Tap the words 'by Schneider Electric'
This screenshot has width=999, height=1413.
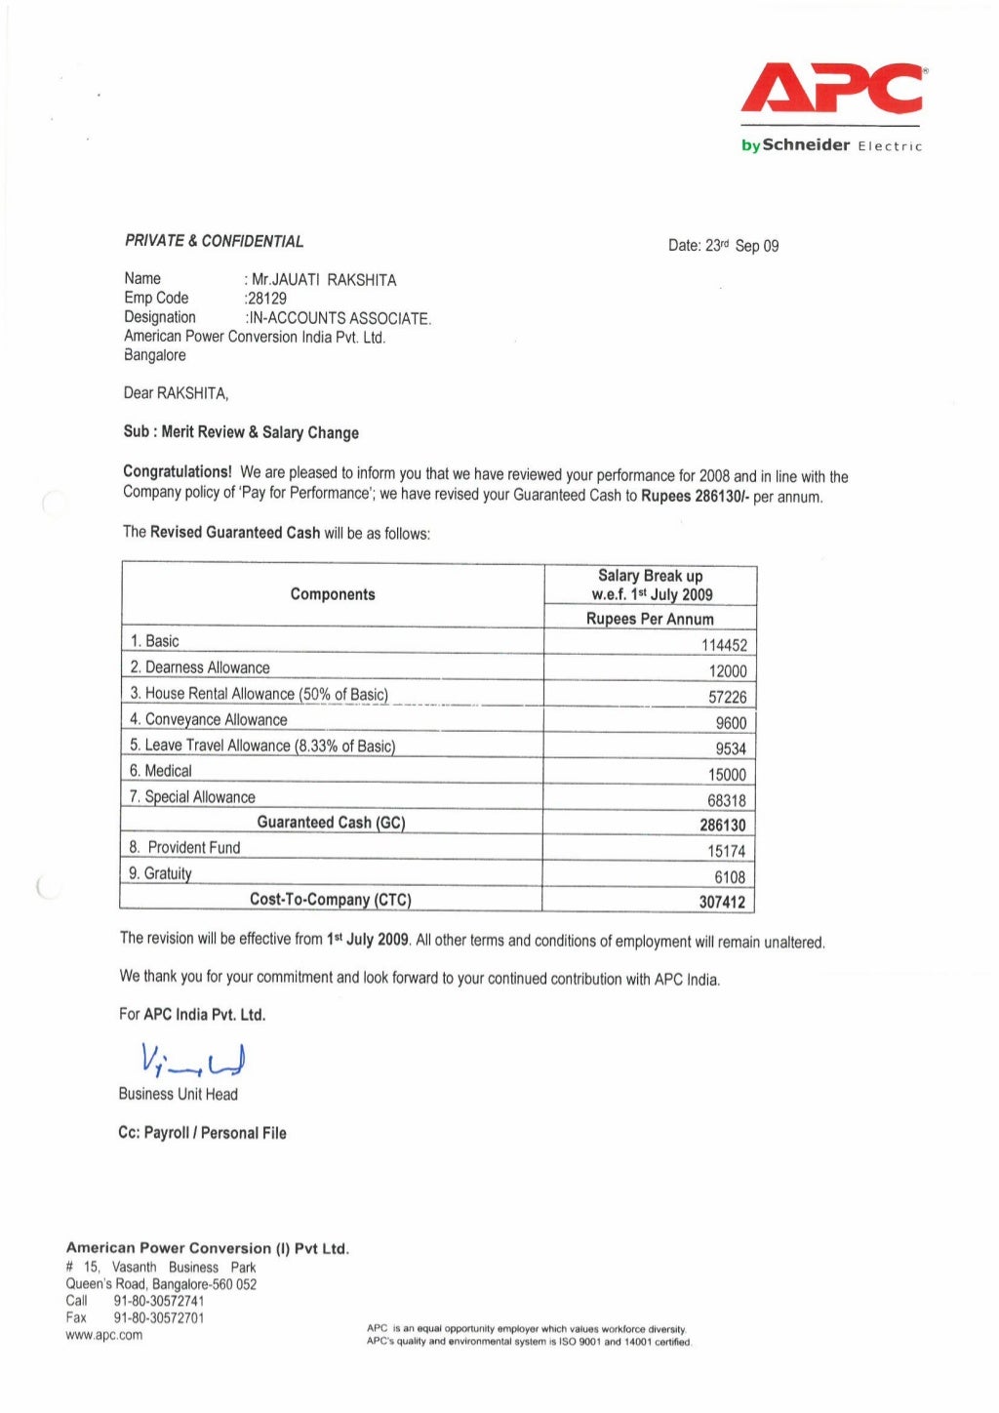(x=831, y=145)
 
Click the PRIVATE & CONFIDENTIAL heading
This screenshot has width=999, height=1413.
(x=214, y=241)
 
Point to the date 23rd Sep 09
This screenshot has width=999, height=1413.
(x=723, y=246)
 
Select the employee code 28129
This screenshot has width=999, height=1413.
(x=266, y=299)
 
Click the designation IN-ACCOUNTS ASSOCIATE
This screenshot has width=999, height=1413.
(x=339, y=318)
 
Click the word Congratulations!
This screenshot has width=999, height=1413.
(x=178, y=472)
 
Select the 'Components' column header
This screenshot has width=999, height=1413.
(x=333, y=594)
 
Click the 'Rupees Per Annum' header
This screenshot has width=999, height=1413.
(x=650, y=619)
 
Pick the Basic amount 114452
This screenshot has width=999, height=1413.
(x=724, y=645)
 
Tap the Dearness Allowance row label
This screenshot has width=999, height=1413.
(x=200, y=667)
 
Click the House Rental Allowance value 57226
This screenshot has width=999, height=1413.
(x=727, y=697)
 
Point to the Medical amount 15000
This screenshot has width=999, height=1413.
(x=727, y=775)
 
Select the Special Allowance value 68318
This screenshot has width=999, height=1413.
(x=727, y=800)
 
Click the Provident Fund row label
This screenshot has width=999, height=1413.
(x=184, y=847)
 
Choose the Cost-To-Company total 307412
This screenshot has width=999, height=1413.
(x=722, y=902)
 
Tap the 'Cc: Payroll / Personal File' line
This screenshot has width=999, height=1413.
(x=202, y=1133)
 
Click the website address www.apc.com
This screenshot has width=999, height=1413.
(x=103, y=1335)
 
